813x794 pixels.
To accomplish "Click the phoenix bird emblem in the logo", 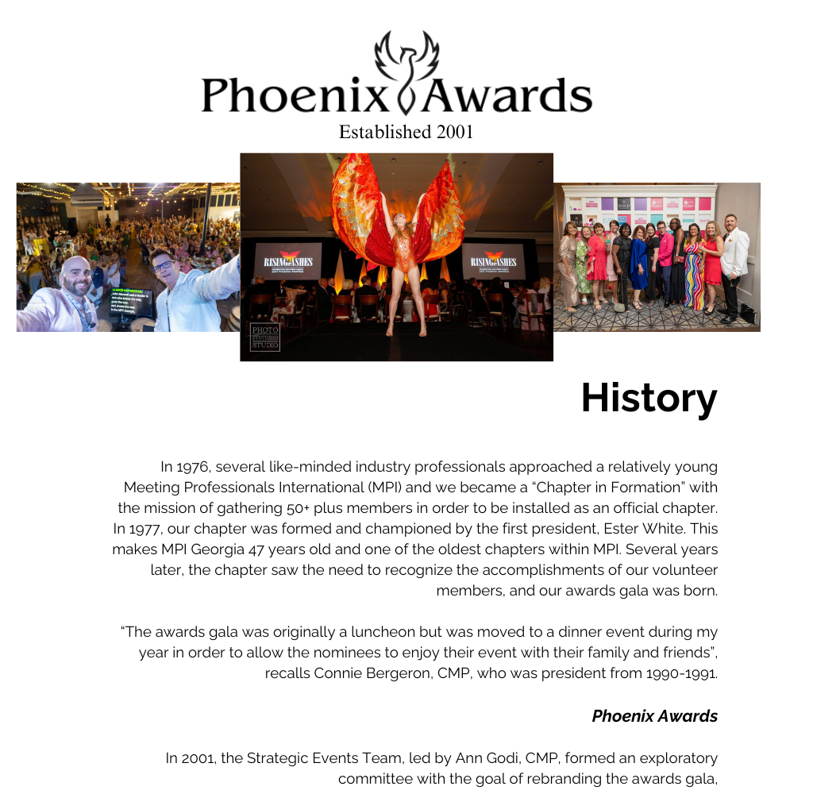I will coord(406,67).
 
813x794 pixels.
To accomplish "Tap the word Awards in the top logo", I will coord(508,94).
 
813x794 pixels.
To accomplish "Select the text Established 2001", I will coord(406,132).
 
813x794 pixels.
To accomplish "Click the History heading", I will coord(649,398).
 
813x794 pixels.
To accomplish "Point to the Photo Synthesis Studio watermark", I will coord(265,337).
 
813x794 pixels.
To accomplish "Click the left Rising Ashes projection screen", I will coord(287,261).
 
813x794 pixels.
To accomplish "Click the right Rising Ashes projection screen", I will coord(493,261).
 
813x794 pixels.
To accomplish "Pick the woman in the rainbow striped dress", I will coord(693,270).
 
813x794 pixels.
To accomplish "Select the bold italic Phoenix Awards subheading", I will coord(654,716).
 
